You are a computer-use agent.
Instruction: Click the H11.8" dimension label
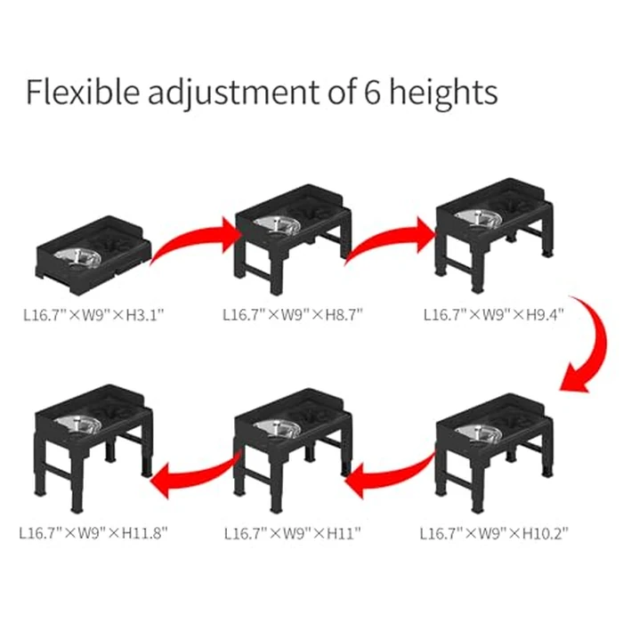[x=142, y=534]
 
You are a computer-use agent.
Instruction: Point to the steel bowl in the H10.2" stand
[x=473, y=433]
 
